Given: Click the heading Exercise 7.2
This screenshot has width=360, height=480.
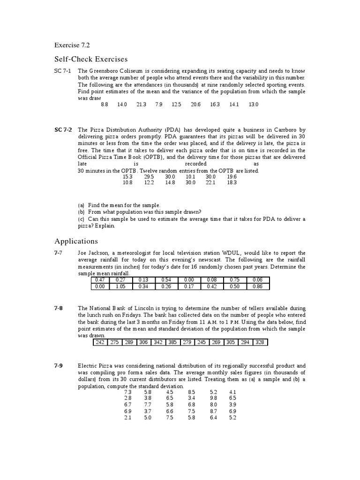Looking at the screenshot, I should point(72,45).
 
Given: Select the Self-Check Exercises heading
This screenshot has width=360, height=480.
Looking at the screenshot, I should point(91,60).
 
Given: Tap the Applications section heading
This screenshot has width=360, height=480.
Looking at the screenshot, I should point(76,241).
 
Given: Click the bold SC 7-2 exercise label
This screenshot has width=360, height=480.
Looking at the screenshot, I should point(63,130).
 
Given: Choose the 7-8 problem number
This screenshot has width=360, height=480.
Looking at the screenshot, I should point(59,308).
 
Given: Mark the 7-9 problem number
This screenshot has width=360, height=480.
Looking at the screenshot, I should point(59,366).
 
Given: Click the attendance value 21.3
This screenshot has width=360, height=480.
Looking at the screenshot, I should point(142,105).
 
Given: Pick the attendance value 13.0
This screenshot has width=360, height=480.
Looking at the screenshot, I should point(254,105).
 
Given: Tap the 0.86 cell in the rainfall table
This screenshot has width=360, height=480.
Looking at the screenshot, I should point(258,287).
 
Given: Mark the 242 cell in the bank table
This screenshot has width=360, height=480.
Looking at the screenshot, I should point(100,343).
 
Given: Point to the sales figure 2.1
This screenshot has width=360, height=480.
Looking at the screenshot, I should point(128,418).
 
